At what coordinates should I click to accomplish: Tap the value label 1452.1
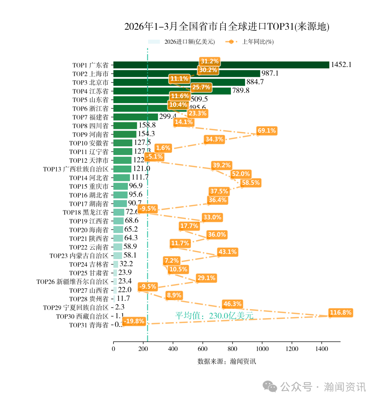(x=341, y=65)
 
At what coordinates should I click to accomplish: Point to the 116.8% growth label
(x=340, y=313)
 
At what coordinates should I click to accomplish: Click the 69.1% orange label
(x=267, y=131)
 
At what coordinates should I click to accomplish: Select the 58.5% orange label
(x=251, y=183)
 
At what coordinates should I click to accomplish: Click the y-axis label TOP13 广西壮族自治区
(x=76, y=169)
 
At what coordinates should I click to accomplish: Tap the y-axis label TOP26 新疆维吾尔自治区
(x=72, y=282)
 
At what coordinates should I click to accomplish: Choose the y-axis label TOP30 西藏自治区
(x=82, y=316)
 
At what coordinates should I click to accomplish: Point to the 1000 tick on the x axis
(x=262, y=349)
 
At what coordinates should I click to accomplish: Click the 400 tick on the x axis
(x=173, y=349)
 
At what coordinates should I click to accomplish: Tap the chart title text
(x=227, y=27)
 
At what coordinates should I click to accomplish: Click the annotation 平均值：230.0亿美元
(x=214, y=316)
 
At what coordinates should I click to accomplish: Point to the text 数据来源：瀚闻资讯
(x=226, y=361)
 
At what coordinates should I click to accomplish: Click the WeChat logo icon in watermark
(x=270, y=387)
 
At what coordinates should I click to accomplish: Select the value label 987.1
(x=270, y=73)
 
